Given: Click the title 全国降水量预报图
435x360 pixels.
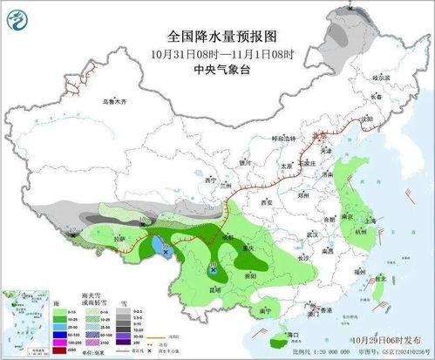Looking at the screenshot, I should pyautogui.click(x=217, y=37).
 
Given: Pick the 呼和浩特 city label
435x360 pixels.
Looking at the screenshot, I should pyautogui.click(x=284, y=139).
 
